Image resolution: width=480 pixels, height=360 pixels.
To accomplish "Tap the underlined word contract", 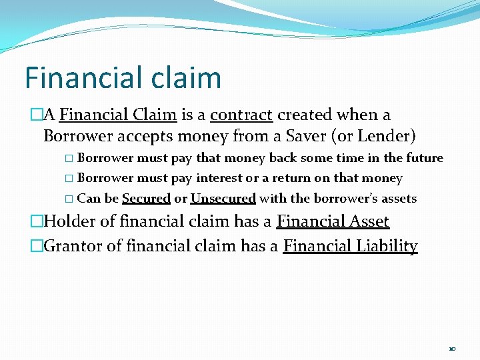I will coord(241,115).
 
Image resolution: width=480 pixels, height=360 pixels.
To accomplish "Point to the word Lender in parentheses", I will coord(387,137).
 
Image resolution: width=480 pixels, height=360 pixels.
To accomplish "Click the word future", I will coord(424,158).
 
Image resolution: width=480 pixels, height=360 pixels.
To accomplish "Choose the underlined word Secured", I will coord(146,199).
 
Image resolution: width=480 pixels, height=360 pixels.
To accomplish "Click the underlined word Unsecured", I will coord(223,199).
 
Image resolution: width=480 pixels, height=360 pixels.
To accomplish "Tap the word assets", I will coord(399,199).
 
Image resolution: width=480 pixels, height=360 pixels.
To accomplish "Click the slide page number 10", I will coord(452,349).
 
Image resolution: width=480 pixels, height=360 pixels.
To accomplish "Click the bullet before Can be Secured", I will coord(70,199).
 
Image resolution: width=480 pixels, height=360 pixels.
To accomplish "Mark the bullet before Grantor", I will coord(37,247).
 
